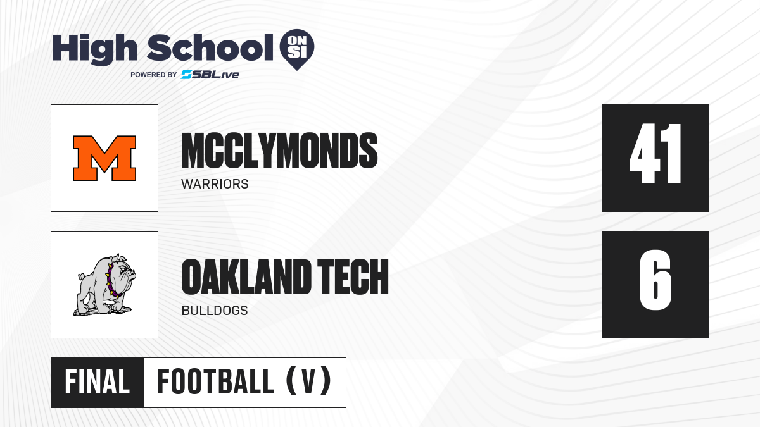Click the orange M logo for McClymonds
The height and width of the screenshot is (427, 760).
click(104, 158)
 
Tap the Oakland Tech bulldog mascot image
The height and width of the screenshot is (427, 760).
click(104, 285)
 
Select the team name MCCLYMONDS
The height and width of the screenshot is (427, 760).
click(279, 151)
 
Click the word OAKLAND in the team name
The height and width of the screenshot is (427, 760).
click(246, 277)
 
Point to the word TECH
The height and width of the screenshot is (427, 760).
click(353, 277)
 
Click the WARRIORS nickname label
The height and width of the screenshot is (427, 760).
click(215, 184)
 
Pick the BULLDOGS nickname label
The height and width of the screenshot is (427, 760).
click(215, 311)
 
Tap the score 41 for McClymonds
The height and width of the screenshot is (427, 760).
click(655, 154)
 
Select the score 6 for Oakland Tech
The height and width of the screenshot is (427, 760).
click(655, 280)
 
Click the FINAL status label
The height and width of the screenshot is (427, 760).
click(98, 382)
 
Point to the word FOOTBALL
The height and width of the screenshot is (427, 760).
click(215, 382)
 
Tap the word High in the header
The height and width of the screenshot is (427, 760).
click(95, 49)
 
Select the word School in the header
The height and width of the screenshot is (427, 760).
click(210, 47)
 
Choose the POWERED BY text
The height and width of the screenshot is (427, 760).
click(154, 75)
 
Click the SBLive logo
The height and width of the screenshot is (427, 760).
click(210, 74)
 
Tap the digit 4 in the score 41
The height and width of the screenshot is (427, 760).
click(645, 154)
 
